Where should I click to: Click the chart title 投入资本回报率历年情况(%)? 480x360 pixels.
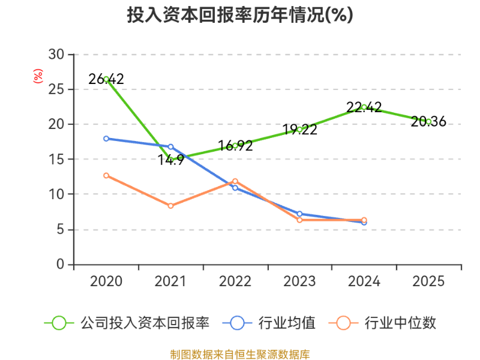click(x=240, y=15)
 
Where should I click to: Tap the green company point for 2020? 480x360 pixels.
click(x=106, y=79)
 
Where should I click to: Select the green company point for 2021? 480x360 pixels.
click(x=171, y=160)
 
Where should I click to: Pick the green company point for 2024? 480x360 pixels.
click(x=364, y=107)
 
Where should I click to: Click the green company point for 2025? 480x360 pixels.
click(x=428, y=121)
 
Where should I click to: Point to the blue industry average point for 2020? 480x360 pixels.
click(x=106, y=139)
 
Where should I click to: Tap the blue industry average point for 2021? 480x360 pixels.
click(x=171, y=147)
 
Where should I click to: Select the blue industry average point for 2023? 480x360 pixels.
click(x=299, y=214)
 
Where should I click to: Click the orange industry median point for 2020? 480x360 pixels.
click(x=106, y=176)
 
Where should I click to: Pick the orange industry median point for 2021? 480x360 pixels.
click(x=171, y=206)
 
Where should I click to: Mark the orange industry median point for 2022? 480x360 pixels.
click(x=235, y=181)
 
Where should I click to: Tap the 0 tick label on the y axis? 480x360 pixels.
click(x=61, y=264)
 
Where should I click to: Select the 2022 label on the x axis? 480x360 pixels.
click(x=235, y=281)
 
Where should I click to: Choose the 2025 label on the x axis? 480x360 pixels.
click(x=428, y=281)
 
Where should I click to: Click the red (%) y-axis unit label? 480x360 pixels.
click(x=38, y=76)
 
